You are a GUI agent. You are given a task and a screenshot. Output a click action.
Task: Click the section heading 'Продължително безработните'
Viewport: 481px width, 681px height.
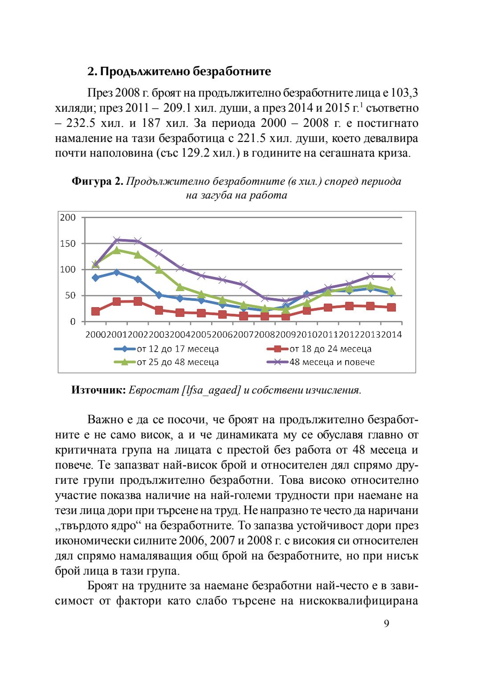(185, 72)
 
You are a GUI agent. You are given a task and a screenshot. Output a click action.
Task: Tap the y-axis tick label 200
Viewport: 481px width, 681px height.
(68, 218)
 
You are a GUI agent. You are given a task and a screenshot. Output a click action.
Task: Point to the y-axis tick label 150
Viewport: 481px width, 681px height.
(68, 243)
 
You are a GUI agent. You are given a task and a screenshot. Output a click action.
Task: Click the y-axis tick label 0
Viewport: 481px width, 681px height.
(73, 322)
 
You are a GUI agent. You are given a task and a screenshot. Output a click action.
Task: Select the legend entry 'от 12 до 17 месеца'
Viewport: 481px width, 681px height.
(177, 349)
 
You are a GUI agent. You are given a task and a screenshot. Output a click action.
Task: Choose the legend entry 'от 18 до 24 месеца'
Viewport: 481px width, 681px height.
(330, 349)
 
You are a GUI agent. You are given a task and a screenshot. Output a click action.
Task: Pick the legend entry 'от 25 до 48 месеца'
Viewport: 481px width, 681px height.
(177, 362)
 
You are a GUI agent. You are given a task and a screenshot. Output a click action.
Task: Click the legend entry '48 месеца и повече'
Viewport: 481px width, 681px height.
(332, 362)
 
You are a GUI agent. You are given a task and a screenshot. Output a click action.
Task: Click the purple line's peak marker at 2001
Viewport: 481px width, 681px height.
(117, 240)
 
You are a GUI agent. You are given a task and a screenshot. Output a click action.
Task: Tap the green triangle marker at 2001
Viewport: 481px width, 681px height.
(117, 250)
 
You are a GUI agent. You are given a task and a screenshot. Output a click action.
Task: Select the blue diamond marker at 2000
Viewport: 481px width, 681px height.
(95, 278)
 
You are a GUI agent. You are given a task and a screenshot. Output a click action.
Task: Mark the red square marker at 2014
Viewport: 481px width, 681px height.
(391, 308)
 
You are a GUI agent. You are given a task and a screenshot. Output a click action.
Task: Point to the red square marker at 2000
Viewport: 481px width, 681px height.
(95, 311)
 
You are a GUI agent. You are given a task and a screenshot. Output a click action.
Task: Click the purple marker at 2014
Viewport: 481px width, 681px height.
(391, 277)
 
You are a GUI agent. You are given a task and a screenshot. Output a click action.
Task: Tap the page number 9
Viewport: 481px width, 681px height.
(386, 624)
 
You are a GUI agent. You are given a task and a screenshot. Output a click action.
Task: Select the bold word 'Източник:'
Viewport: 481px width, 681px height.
(98, 390)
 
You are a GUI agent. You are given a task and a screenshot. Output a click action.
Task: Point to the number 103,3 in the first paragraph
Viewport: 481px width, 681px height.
(404, 93)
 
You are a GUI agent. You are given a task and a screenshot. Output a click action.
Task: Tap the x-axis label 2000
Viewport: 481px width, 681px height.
(95, 335)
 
